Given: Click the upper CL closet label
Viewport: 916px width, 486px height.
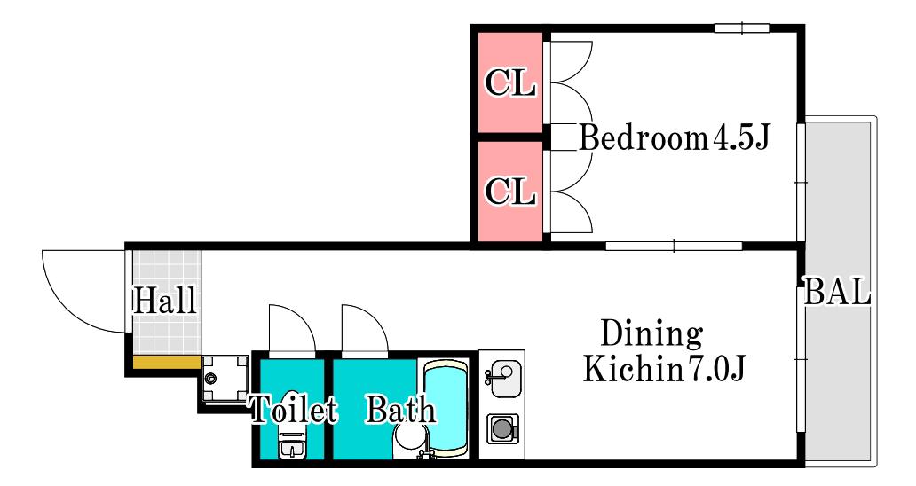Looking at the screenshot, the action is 510,82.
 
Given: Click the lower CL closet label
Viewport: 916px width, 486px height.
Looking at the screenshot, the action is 510,191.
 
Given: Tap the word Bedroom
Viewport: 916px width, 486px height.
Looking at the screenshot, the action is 644,138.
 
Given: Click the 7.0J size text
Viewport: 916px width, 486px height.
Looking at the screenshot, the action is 715,368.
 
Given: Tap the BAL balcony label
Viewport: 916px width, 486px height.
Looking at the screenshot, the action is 838,291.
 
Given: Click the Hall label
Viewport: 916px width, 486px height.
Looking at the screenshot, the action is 165,301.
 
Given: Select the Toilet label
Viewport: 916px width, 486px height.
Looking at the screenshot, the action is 294,409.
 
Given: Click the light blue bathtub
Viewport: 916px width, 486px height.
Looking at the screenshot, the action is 446,407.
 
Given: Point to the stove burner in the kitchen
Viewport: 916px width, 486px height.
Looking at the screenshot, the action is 502,429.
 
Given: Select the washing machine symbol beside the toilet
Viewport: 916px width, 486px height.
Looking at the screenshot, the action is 225,379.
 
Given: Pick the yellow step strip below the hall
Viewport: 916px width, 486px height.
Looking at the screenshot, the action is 167,363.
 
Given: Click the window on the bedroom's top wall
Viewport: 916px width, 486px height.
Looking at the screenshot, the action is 742,27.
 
